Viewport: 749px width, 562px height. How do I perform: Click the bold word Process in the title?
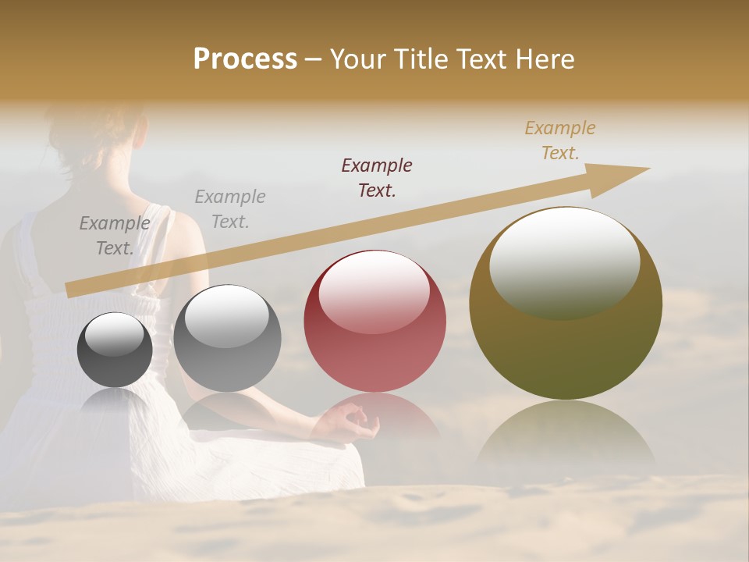[245, 59]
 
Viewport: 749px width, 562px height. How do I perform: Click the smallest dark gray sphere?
[115, 350]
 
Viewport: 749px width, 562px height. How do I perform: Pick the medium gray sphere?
[227, 338]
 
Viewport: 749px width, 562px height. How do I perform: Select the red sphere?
[374, 321]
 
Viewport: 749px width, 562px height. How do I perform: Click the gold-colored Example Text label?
[559, 140]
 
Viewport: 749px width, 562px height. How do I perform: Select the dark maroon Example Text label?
[377, 177]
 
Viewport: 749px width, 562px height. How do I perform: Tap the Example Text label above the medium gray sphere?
[229, 208]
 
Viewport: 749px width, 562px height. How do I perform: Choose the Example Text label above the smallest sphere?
[114, 235]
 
